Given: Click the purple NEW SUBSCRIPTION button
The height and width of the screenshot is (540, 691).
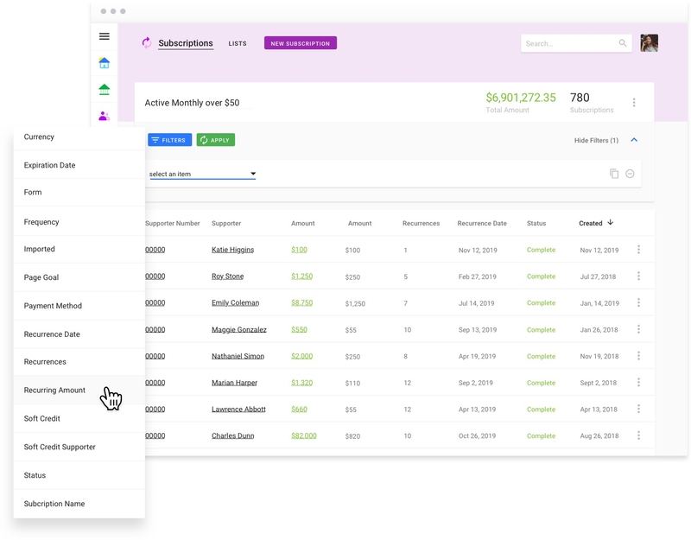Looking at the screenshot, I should click(300, 43).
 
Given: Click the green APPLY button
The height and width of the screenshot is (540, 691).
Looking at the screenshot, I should click(215, 140).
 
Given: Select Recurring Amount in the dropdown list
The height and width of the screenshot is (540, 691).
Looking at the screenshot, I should click(54, 391).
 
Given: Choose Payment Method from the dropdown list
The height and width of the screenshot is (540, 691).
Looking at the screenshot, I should click(53, 306).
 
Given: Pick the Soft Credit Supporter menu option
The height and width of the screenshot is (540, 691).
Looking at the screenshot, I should click(60, 448).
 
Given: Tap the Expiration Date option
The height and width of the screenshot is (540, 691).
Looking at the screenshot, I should click(49, 165).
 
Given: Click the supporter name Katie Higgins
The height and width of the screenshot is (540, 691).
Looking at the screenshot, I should click(232, 250).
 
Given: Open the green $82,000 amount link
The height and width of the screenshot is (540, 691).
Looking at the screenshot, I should click(303, 436).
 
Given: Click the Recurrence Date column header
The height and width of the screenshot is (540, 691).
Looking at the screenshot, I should click(482, 224).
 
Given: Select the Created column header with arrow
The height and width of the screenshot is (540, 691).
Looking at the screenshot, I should click(595, 224).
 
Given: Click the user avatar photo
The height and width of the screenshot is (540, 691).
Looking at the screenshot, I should click(649, 43).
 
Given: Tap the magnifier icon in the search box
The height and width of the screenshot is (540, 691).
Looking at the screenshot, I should click(623, 43).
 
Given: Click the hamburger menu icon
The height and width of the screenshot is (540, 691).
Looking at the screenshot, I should click(105, 36).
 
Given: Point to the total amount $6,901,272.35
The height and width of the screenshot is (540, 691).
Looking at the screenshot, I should click(520, 98).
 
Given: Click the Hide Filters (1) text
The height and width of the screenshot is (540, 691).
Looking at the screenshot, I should click(596, 140).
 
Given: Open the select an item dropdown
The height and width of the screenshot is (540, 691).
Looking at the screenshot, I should click(202, 174).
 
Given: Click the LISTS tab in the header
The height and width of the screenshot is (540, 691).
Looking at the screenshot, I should click(238, 43).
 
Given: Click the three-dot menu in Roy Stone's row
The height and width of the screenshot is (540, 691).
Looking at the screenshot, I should click(638, 276).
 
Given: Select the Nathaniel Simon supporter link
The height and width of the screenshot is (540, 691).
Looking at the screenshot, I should click(238, 356).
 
